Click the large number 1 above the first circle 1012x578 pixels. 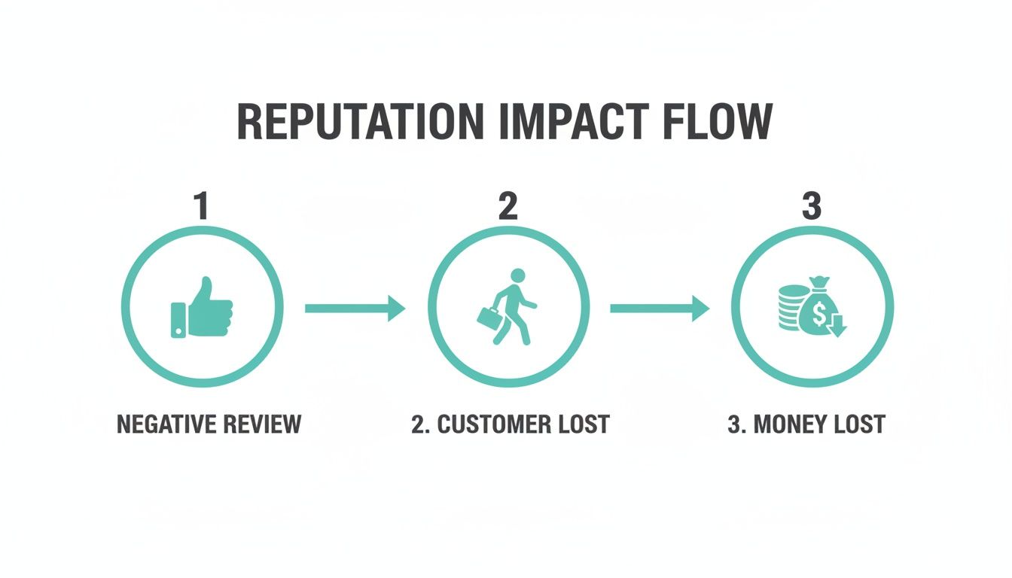201,206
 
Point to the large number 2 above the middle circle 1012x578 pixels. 508,206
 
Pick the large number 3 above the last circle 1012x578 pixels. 811,206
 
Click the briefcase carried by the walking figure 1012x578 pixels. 489,317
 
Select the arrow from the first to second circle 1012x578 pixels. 355,308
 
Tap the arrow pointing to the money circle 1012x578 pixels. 659,308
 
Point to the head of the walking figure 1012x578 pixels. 517,276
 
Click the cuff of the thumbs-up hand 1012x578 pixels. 178,319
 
